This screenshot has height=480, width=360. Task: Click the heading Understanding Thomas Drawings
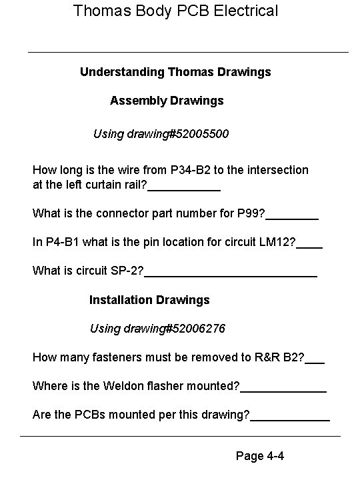175,71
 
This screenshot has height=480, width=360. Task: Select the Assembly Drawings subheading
167,101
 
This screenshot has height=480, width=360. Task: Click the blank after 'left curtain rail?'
184,189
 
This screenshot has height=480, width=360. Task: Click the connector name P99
250,214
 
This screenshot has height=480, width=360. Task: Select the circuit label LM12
279,243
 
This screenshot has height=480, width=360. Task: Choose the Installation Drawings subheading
149,300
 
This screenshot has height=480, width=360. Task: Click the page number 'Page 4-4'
261,457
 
